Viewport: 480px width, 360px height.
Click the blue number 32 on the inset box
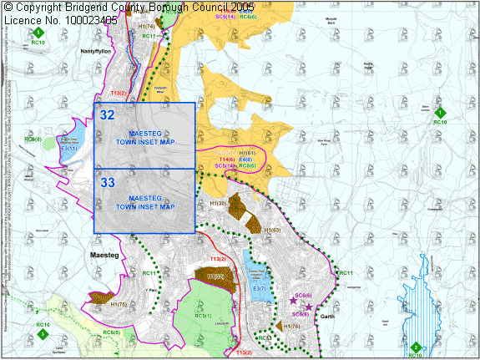pos(107,114)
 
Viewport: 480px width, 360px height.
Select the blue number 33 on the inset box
pos(107,181)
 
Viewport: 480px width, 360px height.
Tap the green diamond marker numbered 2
pos(415,347)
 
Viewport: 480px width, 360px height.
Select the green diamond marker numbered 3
pos(43,333)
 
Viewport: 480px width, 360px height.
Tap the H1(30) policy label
pos(219,203)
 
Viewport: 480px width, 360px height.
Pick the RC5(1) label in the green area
pos(203,317)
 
